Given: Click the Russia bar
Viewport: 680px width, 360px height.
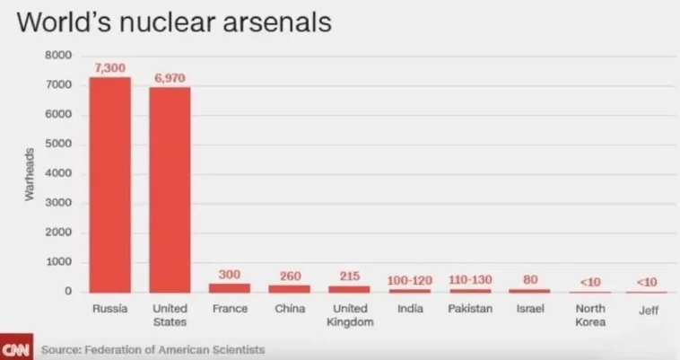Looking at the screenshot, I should coord(109,184).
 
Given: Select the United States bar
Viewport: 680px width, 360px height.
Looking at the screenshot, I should coord(170,189).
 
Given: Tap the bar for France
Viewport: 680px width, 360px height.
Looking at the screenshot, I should coord(230,287).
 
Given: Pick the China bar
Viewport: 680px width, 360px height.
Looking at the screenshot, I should coord(290,288).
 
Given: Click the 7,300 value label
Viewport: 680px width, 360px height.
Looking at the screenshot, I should coord(109,68).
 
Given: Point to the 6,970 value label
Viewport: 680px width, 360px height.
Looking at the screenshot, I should coord(170,78).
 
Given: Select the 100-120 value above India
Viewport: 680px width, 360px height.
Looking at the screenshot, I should coord(410,281).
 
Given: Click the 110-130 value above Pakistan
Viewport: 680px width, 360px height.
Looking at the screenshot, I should coord(470,280).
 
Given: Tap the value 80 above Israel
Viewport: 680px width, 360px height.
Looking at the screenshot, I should coord(530,279).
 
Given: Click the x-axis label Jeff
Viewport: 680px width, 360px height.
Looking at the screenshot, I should coord(648,310).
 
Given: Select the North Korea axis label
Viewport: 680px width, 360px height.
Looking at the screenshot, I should coord(589,316).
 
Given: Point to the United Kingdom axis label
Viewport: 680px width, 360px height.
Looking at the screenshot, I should coord(350,316).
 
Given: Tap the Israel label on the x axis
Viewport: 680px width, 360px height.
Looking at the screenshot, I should coord(529,310).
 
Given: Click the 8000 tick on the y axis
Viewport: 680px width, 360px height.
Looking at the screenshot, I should coord(58,56).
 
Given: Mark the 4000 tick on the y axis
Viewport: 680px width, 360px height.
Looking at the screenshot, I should coord(58,174).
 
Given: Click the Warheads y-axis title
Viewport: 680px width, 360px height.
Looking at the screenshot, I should coord(29,174).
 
